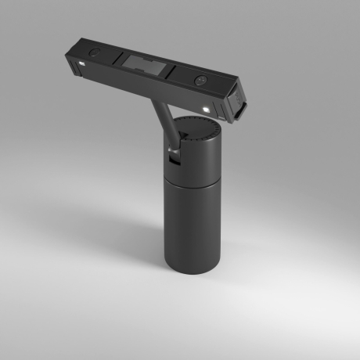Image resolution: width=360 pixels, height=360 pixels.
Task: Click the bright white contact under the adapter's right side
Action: pyautogui.click(x=205, y=108)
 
